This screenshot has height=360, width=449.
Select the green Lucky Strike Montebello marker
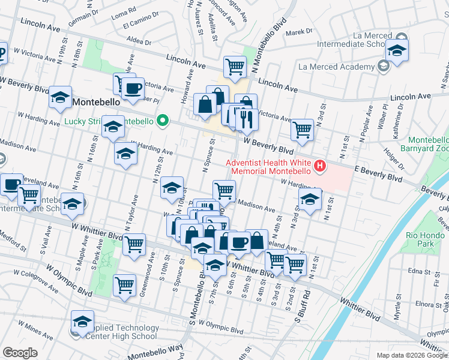pos(161,121)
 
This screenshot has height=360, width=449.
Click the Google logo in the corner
pos(20,352)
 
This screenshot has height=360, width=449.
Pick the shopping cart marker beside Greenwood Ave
pos(125,285)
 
